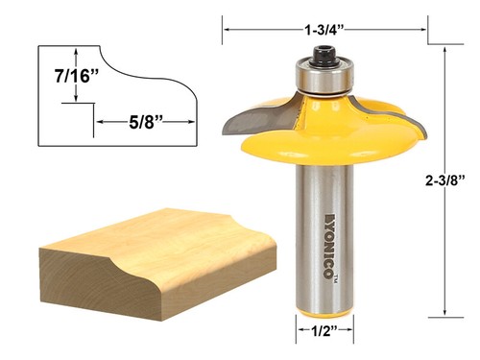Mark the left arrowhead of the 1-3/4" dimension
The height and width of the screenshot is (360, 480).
click(x=227, y=30)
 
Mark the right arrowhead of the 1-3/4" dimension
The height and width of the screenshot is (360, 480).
click(x=425, y=30)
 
